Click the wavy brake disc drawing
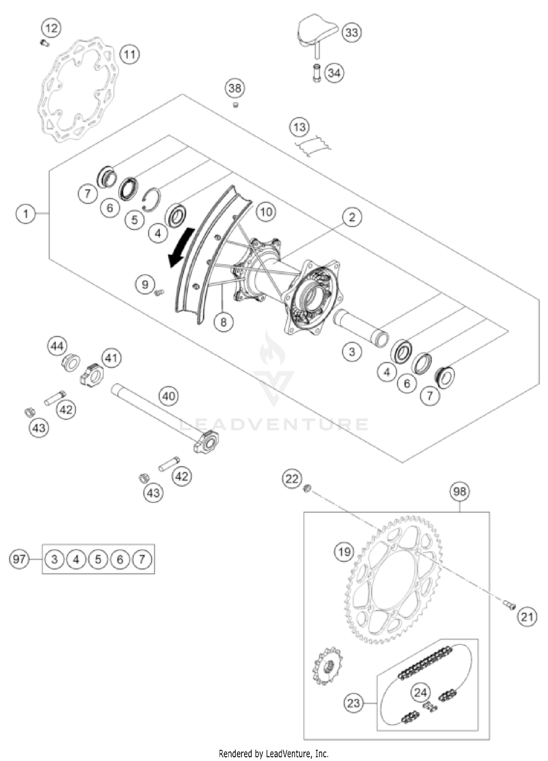coord(79,90)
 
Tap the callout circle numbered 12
coord(52,28)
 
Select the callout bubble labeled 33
coord(351,33)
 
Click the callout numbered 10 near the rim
coord(266,212)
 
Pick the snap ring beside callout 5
coord(151,200)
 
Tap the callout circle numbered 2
coord(352,217)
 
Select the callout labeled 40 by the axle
coord(168,396)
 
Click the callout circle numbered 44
coord(57,346)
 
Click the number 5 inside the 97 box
coord(98,559)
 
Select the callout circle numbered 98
coord(459,492)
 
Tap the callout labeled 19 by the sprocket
coord(344,552)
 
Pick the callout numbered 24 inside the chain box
coord(420,692)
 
